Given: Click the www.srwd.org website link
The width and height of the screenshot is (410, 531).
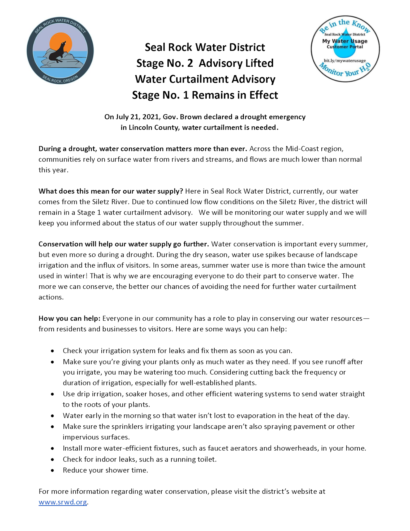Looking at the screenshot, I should tap(63, 502).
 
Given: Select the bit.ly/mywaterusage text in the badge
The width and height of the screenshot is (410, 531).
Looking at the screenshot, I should tap(345, 61).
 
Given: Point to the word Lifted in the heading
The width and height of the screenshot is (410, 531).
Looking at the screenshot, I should tap(259, 63).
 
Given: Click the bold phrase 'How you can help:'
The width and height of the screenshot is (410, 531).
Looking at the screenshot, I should tap(70, 318).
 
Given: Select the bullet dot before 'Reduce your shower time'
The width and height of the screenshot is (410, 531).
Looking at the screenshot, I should tap(53, 470).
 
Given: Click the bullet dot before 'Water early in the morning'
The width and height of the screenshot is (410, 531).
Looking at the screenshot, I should tap(53, 416).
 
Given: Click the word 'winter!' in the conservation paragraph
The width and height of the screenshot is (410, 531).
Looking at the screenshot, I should tap(75, 276).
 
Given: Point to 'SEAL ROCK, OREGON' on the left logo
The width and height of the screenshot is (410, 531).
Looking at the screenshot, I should tap(60, 79).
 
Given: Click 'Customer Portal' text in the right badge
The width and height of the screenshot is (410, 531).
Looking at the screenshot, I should tap(345, 47).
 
